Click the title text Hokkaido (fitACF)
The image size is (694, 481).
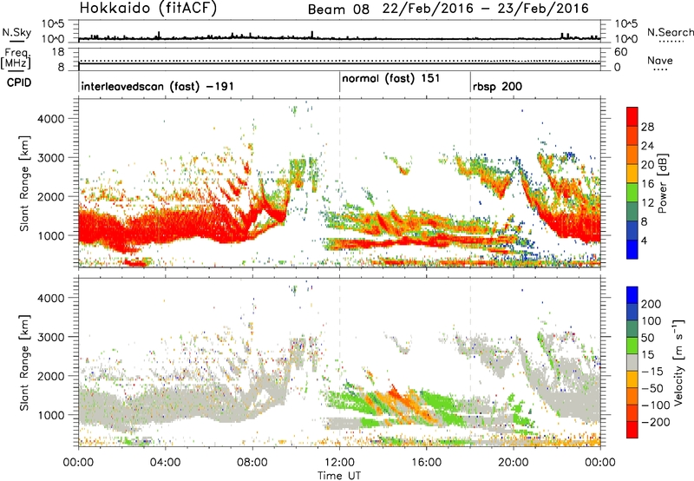point(143,10)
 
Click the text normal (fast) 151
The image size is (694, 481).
point(390,79)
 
